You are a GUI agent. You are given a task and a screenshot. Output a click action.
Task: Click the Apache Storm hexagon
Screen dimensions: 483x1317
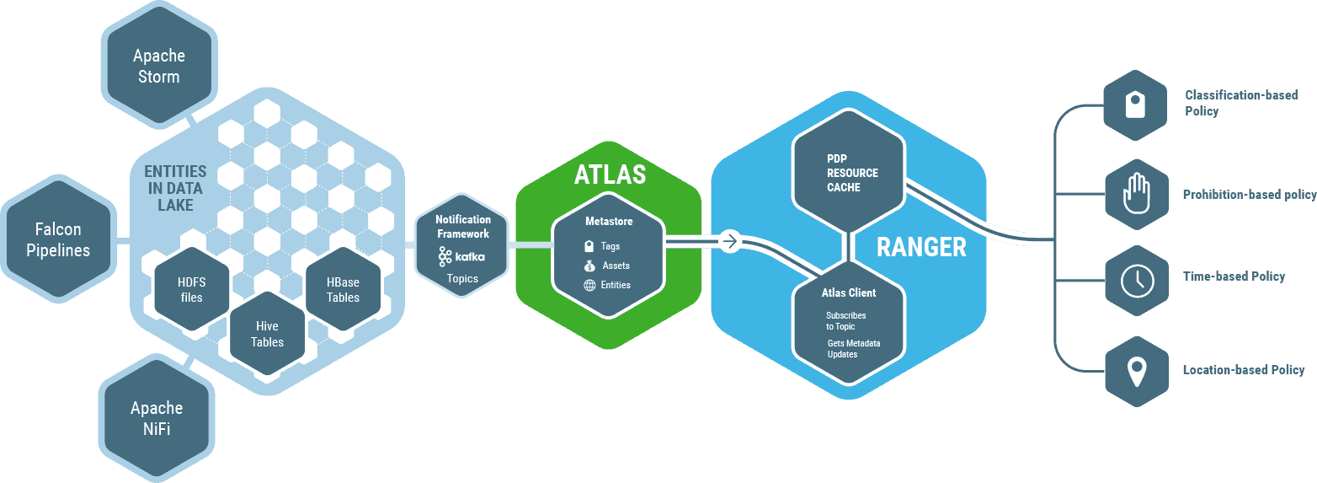[x=158, y=66]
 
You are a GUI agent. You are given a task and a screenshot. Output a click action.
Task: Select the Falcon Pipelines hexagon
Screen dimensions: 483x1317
[x=58, y=239]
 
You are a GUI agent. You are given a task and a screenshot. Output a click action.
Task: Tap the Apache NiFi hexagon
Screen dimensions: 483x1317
[x=157, y=418]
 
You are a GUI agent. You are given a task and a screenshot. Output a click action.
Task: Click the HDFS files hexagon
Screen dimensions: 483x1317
[x=191, y=289]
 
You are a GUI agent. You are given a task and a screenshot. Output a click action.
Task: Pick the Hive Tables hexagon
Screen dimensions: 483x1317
[x=267, y=334]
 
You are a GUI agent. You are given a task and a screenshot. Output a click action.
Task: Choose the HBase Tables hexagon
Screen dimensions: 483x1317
[x=343, y=289]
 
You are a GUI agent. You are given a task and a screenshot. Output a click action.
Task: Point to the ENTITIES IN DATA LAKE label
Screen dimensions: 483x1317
[x=174, y=188]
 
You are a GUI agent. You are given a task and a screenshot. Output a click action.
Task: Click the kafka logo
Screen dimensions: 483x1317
[x=461, y=256]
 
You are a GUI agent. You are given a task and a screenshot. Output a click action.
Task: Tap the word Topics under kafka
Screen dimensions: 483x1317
[x=462, y=278]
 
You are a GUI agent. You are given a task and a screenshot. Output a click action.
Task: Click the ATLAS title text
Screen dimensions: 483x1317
[x=610, y=174]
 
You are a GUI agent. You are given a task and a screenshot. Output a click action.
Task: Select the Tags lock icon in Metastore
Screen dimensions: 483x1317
[x=589, y=246]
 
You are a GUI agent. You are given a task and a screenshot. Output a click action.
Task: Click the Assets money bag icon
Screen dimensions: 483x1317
[x=589, y=266]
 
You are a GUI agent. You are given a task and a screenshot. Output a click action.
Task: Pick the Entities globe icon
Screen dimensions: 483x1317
[x=589, y=285]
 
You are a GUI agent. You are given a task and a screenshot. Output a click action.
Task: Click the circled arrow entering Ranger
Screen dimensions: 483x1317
[x=729, y=242]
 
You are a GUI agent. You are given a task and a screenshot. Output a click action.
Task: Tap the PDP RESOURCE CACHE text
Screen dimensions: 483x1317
[x=851, y=173]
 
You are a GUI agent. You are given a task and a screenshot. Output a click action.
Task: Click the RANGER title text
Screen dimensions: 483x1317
[x=921, y=247]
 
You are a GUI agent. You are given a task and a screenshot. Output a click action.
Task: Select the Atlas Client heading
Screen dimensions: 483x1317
[x=848, y=292]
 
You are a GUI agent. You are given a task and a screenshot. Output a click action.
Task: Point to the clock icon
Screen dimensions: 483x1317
[x=1137, y=280]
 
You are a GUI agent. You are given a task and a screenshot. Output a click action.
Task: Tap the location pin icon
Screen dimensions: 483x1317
[x=1137, y=371]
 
